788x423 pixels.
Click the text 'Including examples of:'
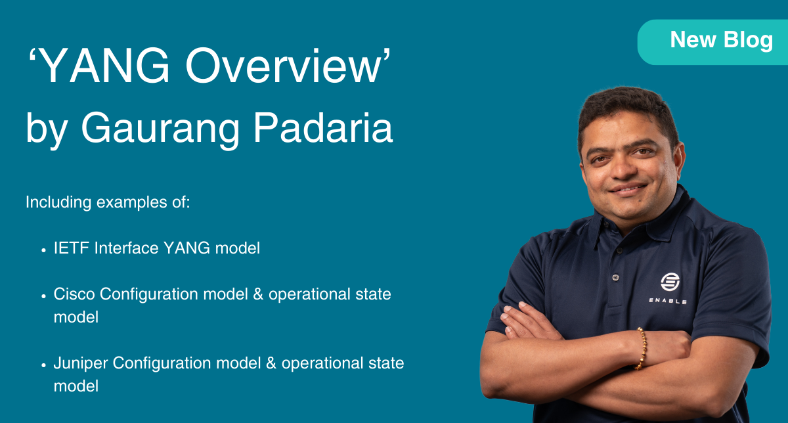tap(108, 202)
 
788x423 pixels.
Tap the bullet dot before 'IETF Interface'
tap(43, 250)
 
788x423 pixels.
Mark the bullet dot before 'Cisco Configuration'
tap(43, 295)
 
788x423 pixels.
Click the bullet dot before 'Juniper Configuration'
tap(43, 364)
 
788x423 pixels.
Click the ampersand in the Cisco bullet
tap(257, 294)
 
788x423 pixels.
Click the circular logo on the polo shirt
tap(670, 282)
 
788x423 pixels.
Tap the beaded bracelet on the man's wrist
tap(641, 348)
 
